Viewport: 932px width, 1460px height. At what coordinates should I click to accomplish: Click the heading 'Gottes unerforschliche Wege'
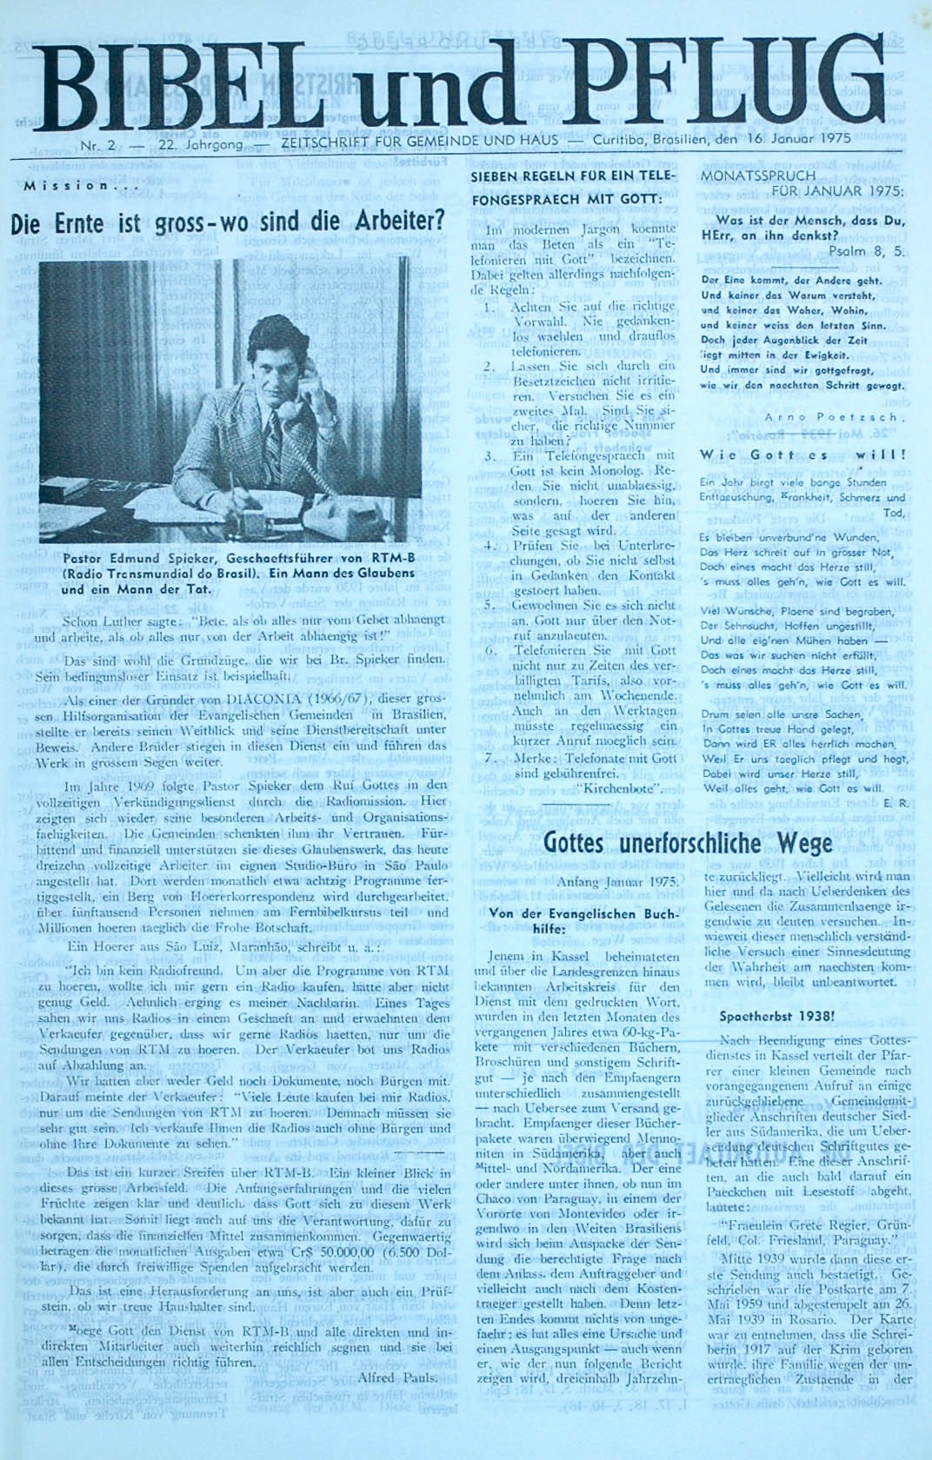687,842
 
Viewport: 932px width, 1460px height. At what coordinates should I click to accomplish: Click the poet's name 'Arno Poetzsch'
838,417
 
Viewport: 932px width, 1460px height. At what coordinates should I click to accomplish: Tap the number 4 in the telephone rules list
490,546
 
